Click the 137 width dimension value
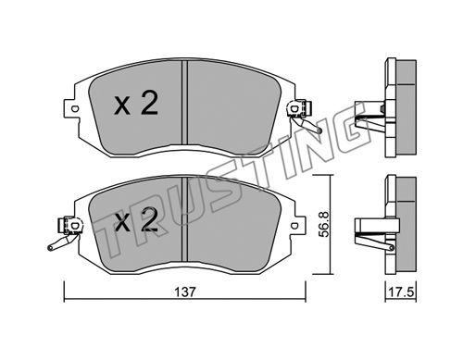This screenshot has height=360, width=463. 185,292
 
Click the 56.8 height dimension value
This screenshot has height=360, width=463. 324,224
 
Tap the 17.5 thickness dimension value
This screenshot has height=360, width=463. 401,292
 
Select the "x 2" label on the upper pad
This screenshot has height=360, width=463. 136,104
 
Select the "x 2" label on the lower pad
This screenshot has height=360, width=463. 136,219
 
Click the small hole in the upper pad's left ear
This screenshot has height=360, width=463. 74,108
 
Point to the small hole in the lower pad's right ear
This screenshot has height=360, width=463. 295,225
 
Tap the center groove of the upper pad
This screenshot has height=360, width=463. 184,103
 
